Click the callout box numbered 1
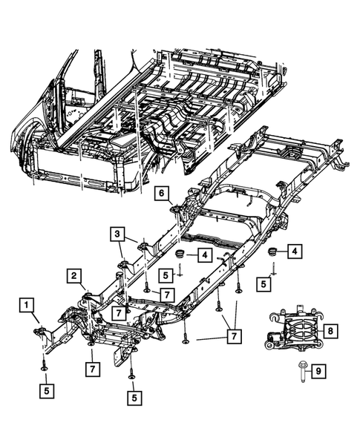(x=26, y=303)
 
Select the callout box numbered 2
(x=76, y=277)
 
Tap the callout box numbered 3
(x=119, y=235)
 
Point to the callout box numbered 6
(x=160, y=194)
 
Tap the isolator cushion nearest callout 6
(x=180, y=256)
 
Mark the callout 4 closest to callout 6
(x=203, y=256)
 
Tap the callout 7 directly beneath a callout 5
(x=167, y=295)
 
